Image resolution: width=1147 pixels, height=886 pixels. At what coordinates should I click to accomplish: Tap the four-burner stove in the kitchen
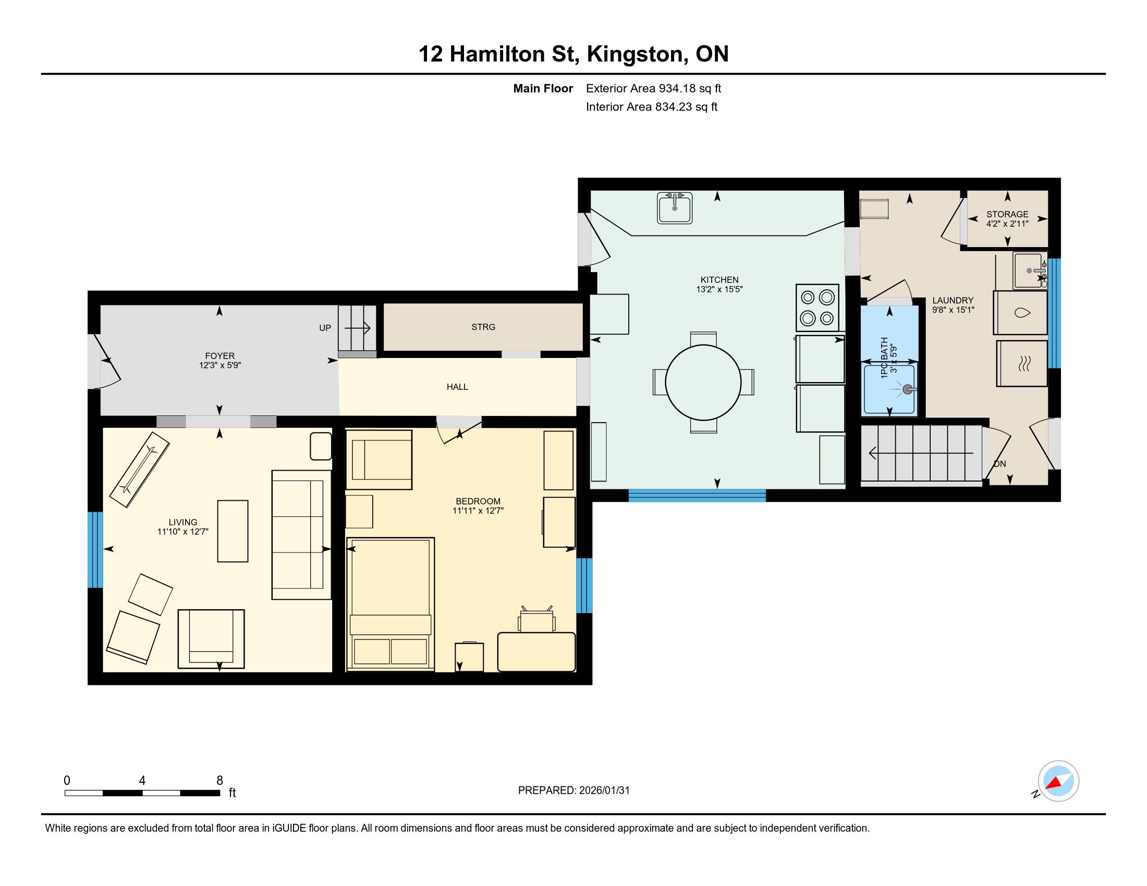[x=817, y=307]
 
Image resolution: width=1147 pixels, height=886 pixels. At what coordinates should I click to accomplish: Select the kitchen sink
[x=675, y=208]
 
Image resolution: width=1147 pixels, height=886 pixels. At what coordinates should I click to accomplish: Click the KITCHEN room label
[x=719, y=280]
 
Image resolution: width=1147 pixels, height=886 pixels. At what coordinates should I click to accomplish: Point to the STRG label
[x=483, y=327]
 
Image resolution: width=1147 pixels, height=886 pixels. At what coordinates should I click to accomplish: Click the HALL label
[x=457, y=387]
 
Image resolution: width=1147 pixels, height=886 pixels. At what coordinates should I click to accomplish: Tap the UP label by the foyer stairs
[x=325, y=328]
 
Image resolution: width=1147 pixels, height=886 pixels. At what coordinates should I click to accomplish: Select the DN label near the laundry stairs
[x=1000, y=463]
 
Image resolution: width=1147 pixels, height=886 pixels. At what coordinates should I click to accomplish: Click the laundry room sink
[x=1030, y=271]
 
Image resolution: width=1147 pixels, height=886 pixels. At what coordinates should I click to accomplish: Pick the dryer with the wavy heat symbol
[x=1022, y=364]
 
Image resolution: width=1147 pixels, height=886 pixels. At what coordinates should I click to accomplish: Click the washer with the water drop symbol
[x=1020, y=313]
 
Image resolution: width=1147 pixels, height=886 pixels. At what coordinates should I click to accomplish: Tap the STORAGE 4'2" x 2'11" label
[x=1007, y=219]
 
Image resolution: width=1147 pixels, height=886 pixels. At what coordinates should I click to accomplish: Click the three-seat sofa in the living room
[x=301, y=535]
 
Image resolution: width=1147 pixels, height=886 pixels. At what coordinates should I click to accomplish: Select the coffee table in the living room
[x=233, y=531]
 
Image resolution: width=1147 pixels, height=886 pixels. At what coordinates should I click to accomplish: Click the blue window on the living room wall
[x=95, y=549]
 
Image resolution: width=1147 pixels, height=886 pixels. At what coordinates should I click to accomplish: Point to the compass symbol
[x=1058, y=781]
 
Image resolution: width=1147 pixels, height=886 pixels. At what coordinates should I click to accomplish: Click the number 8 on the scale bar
[x=219, y=781]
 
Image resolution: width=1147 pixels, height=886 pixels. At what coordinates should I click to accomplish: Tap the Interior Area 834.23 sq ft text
[x=652, y=107]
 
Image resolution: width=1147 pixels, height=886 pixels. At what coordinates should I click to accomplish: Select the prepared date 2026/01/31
[x=604, y=791]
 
